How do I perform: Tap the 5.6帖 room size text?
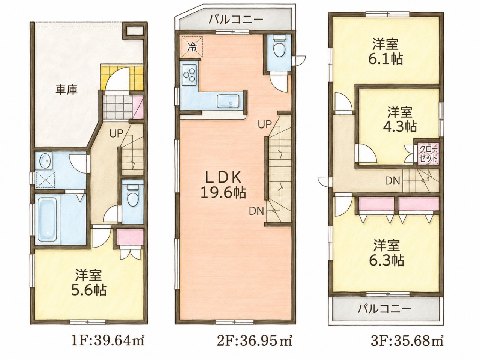coord(89,290)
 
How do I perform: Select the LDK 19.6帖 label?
coord(223,185)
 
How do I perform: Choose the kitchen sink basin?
coord(229,101)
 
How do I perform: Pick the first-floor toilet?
coord(132,195)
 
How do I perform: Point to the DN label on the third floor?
coord(393,181)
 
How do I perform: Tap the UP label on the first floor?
coord(117,133)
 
